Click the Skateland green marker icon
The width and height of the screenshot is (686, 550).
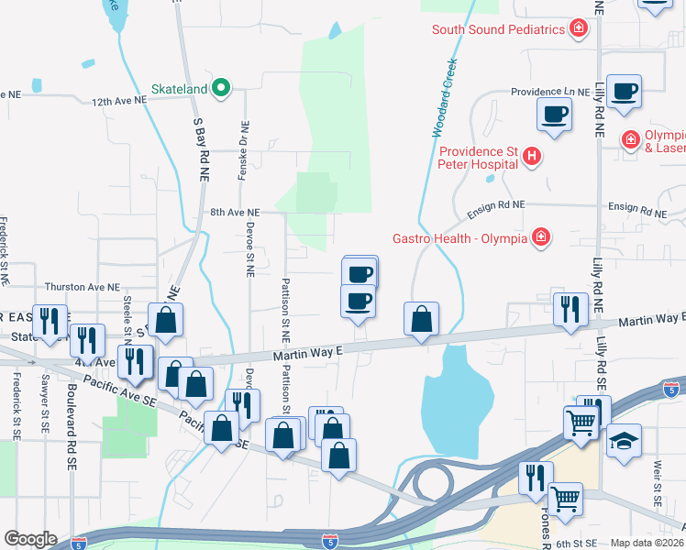220,88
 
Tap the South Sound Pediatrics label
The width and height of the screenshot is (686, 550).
497,29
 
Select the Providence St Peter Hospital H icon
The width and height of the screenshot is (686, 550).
532,158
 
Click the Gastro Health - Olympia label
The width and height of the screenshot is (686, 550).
460,238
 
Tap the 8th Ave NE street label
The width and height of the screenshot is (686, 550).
235,212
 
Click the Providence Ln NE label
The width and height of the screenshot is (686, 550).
550,93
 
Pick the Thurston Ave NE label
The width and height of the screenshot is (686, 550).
83,287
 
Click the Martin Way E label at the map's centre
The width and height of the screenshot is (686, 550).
306,352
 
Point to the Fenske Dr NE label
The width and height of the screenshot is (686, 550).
243,150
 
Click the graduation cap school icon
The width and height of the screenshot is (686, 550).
624,440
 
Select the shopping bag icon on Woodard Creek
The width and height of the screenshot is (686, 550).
421,319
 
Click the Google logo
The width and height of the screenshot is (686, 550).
31,539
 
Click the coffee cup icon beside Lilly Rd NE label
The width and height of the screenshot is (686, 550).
624,91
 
